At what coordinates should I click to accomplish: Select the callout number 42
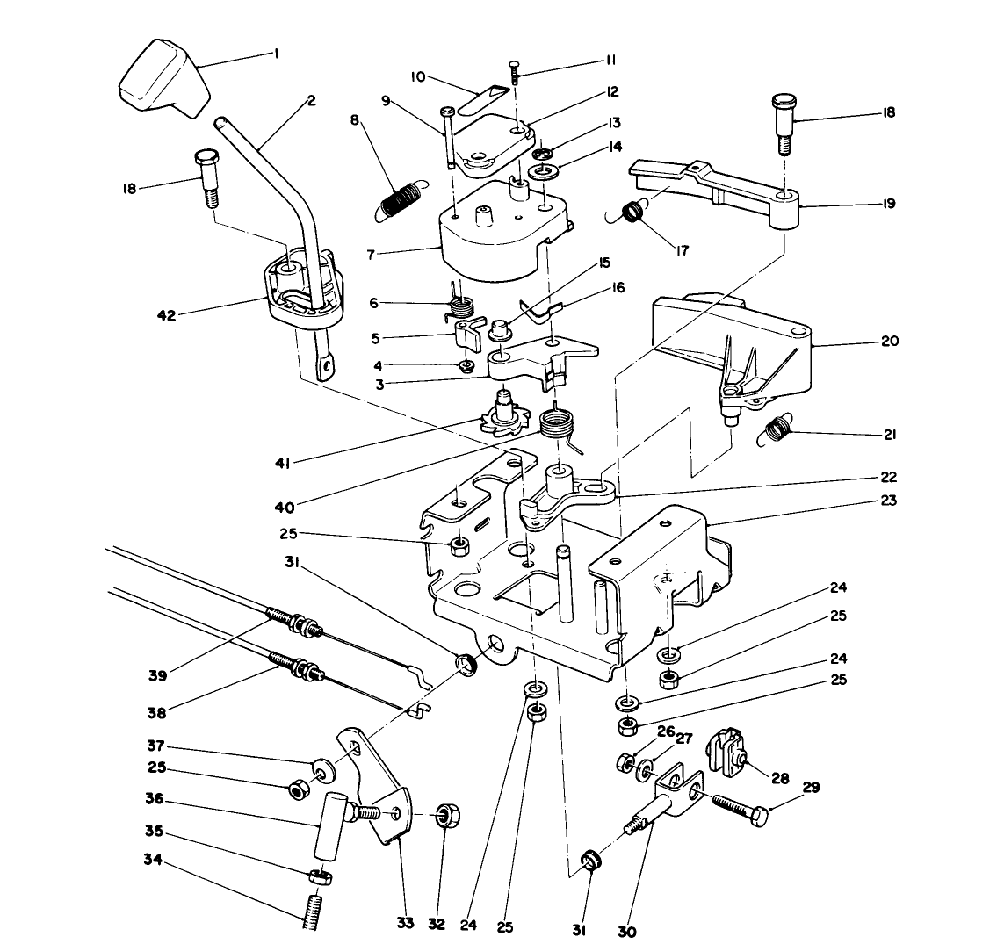tap(166, 314)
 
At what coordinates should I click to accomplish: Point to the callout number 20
tap(889, 342)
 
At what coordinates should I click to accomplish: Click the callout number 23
tap(889, 501)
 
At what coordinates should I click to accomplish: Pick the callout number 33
tap(403, 924)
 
